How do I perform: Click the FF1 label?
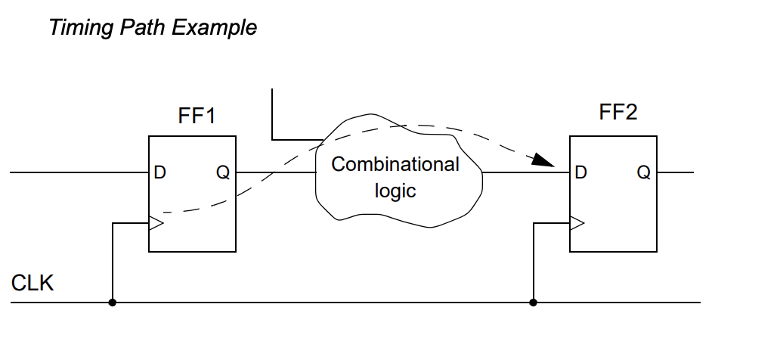[196, 116]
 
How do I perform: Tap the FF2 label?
[617, 113]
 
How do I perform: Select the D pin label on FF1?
[159, 172]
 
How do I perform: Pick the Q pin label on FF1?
[223, 172]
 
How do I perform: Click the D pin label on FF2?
[580, 172]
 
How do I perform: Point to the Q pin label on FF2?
[643, 172]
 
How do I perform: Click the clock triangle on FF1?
[156, 223]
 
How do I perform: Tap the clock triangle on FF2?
[577, 223]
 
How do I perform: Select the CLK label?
[33, 284]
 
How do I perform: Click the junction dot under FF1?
[113, 303]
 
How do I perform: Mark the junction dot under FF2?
[534, 303]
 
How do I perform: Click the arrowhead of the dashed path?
[543, 160]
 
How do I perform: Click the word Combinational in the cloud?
[395, 164]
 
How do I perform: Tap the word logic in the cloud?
[395, 191]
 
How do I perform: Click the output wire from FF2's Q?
[676, 172]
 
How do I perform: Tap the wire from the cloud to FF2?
[525, 172]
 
